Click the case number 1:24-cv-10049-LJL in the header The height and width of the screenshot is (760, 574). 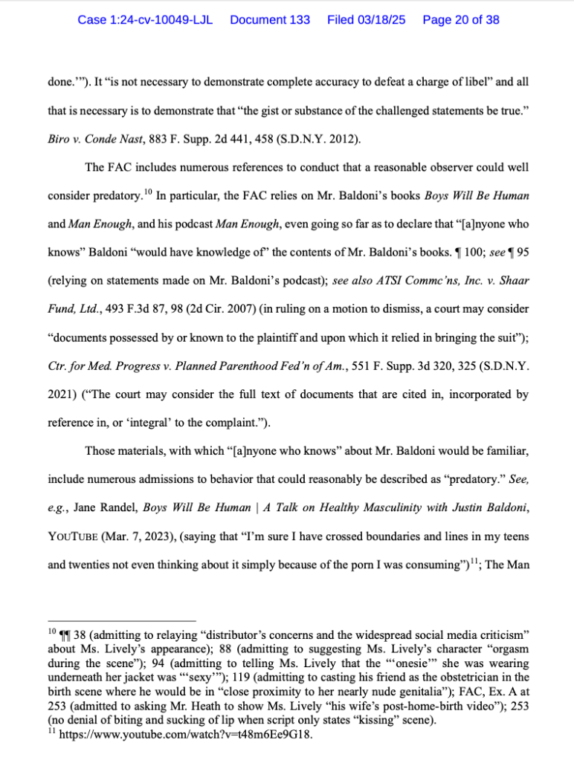(145, 20)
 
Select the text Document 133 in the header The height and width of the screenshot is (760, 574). (270, 20)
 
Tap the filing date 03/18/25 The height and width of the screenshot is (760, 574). (380, 20)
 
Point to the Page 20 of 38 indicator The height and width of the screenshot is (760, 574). (461, 20)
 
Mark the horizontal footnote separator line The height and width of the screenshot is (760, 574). (121, 620)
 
